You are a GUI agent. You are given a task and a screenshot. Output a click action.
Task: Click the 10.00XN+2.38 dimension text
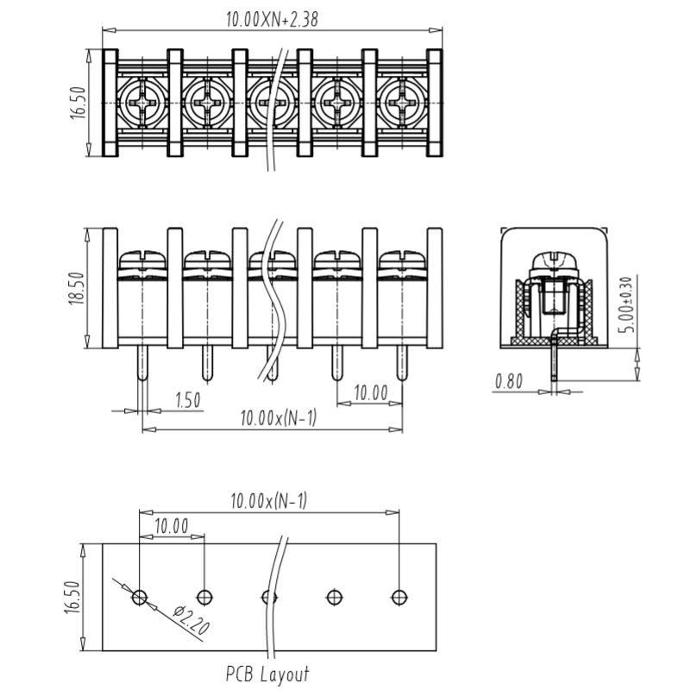coord(272,19)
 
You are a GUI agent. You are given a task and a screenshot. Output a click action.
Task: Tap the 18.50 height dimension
coord(77,289)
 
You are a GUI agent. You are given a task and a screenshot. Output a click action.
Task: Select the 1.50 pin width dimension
coord(187,400)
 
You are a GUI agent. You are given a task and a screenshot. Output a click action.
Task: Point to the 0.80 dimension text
coord(509,381)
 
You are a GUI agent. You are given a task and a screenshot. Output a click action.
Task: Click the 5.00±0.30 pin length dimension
coord(628,304)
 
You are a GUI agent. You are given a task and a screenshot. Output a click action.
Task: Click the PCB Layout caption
coord(267,674)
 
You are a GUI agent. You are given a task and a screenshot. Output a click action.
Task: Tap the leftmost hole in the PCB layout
coord(140,597)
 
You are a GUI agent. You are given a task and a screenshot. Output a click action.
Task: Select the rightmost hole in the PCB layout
coord(399,597)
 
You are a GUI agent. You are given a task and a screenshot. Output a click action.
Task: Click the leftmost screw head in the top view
coord(143,103)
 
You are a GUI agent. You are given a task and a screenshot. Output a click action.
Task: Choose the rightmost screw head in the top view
coord(402,103)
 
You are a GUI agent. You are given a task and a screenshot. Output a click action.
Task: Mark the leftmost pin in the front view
coord(142,364)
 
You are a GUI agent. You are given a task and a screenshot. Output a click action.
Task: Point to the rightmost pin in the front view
coord(401,364)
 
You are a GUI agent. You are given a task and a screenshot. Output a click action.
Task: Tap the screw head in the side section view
coord(554,262)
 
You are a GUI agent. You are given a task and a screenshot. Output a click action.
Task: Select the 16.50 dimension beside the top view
coord(78,103)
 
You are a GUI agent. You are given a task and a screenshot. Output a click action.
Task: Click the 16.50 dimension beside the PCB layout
coord(73,597)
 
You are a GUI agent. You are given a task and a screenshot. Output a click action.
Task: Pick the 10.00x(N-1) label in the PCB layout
coord(269,501)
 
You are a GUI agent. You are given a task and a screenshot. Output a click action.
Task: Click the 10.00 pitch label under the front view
coord(371,392)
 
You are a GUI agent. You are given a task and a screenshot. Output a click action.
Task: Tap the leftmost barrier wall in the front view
coord(110,288)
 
